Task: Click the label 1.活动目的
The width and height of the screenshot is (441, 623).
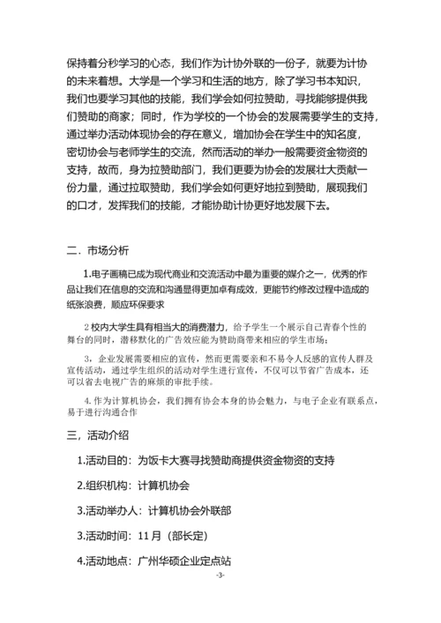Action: pyautogui.click(x=104, y=459)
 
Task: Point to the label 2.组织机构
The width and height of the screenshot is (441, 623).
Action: pyautogui.click(x=104, y=485)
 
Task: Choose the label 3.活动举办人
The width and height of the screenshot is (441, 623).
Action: pyautogui.click(x=110, y=510)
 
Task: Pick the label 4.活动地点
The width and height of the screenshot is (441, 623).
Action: pyautogui.click(x=104, y=560)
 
